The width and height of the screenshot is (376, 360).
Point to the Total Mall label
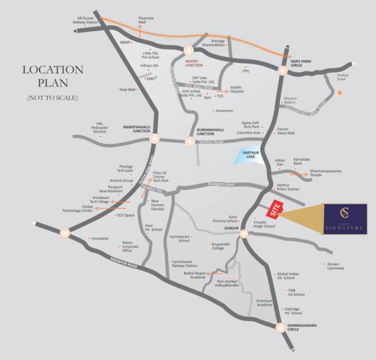click(x=127, y=90)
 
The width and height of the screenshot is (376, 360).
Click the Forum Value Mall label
click(x=286, y=130)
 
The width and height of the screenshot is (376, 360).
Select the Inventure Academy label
click(x=264, y=303)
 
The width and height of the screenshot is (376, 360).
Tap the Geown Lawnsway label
click(x=336, y=266)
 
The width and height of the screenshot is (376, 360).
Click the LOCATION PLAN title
click(x=53, y=77)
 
